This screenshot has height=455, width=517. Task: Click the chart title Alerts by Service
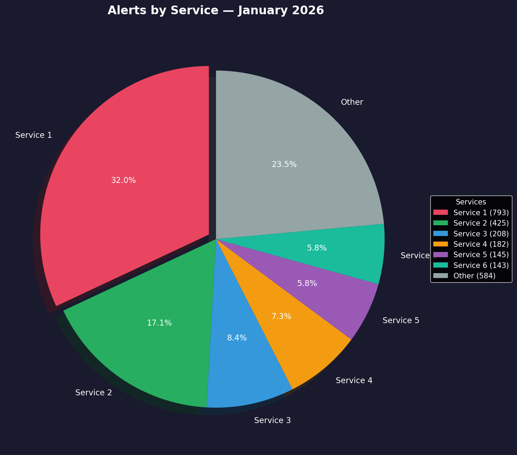click(x=216, y=10)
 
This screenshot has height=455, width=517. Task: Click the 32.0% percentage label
click(x=123, y=180)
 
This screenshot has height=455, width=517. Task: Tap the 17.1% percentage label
click(x=159, y=323)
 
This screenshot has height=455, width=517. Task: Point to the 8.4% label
click(x=237, y=338)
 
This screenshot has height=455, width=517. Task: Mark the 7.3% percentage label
click(x=281, y=317)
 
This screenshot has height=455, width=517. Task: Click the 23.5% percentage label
click(x=284, y=165)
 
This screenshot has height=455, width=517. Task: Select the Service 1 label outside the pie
click(x=34, y=135)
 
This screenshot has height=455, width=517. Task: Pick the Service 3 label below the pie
click(x=272, y=421)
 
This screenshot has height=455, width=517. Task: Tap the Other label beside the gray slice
click(x=352, y=102)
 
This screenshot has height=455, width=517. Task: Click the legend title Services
click(x=470, y=202)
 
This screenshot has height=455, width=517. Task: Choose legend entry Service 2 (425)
click(x=481, y=223)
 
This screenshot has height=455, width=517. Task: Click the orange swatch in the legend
click(x=440, y=244)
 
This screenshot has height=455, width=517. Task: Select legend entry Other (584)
click(x=474, y=276)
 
